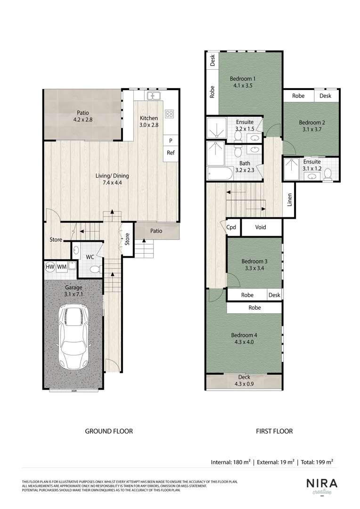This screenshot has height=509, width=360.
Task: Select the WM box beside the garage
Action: coord(62,267)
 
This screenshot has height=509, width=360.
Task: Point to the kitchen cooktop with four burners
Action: coord(169,114)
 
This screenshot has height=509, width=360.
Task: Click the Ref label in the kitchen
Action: coord(170,153)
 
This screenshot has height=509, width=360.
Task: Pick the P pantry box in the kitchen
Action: coord(170,140)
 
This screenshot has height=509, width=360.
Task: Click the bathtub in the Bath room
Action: coord(220,173)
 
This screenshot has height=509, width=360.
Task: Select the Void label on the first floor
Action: coord(261,227)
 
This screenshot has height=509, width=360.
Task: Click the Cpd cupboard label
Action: coord(231,227)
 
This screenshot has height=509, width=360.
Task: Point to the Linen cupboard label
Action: coord(290,200)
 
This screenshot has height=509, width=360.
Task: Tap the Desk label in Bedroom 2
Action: coord(325,96)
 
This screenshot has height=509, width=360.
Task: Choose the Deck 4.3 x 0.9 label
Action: coord(244,380)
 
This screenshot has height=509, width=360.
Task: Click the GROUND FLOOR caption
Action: coord(108,431)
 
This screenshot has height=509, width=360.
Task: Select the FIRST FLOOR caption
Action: coord(274,431)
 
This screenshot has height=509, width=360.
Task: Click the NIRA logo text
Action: coord(322,484)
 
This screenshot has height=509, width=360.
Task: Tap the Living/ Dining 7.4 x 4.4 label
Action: coord(112,179)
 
